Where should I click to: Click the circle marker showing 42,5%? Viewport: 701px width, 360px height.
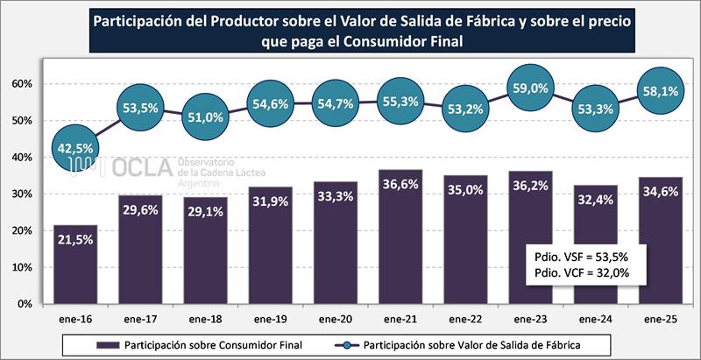pyautogui.click(x=76, y=148)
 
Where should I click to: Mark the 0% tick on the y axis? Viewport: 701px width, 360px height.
pyautogui.click(x=25, y=304)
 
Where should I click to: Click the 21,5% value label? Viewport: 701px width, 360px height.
pyautogui.click(x=75, y=239)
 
